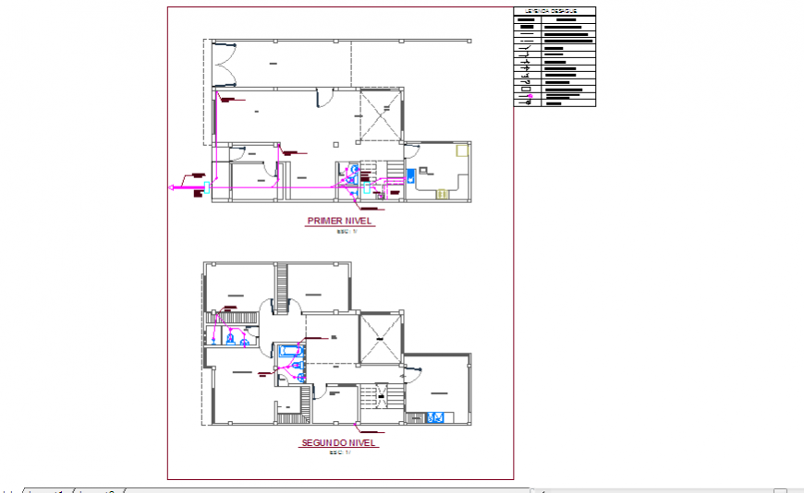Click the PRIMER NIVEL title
(339, 222)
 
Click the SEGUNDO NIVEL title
(339, 443)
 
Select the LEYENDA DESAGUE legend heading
(554, 12)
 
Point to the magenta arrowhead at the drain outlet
(171, 188)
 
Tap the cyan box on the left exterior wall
(210, 188)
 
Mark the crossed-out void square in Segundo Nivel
(381, 339)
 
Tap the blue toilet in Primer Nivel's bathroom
(353, 170)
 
